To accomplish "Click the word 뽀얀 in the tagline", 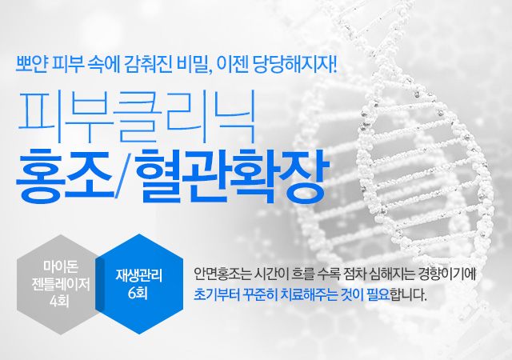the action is (32, 65).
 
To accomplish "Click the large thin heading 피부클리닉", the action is (137, 117).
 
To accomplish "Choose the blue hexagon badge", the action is (139, 284).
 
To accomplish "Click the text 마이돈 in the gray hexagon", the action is (61, 266).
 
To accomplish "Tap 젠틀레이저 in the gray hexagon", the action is (61, 284).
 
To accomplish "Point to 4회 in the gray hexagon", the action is (59, 301).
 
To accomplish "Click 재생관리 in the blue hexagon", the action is (139, 275).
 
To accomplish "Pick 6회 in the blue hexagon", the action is (138, 293).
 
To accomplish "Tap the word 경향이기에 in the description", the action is (446, 274).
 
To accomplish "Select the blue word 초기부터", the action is (217, 294).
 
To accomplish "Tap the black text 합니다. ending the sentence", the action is (409, 294).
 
